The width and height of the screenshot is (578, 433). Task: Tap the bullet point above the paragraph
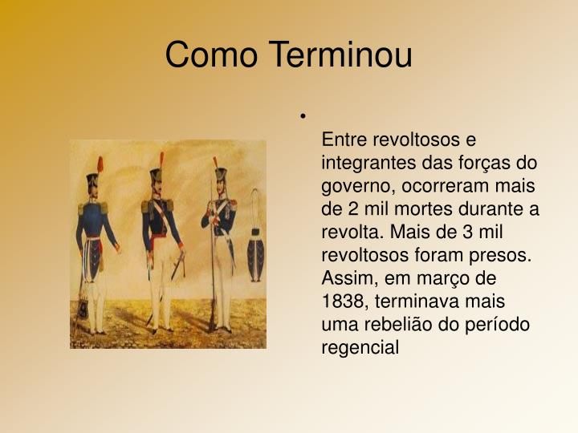[304, 117]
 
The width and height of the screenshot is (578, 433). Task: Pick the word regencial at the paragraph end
[360, 348]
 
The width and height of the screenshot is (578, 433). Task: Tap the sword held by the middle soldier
[178, 265]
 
